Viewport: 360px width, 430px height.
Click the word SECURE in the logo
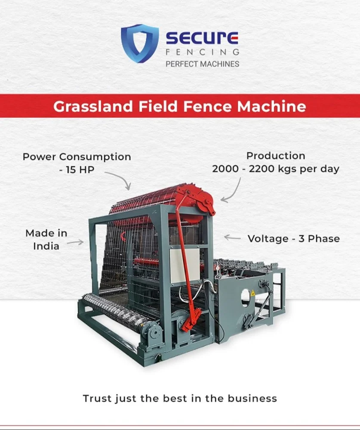pyautogui.click(x=202, y=39)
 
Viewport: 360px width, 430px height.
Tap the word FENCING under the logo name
pyautogui.click(x=202, y=52)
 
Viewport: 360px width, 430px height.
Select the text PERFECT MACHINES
pyautogui.click(x=202, y=64)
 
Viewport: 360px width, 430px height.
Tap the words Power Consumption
pyautogui.click(x=77, y=157)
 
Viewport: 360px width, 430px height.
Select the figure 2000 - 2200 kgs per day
pyautogui.click(x=276, y=169)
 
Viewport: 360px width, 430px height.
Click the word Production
pyautogui.click(x=276, y=156)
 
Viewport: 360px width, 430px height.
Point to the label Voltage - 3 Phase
pyautogui.click(x=293, y=238)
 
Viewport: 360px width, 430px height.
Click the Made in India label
pyautogui.click(x=46, y=240)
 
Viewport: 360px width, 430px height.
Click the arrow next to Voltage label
pyautogui.click(x=232, y=237)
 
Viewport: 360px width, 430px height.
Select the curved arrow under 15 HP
pyautogui.click(x=118, y=180)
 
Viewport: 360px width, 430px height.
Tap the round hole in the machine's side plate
pyautogui.click(x=245, y=296)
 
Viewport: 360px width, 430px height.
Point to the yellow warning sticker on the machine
pyautogui.click(x=252, y=293)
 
